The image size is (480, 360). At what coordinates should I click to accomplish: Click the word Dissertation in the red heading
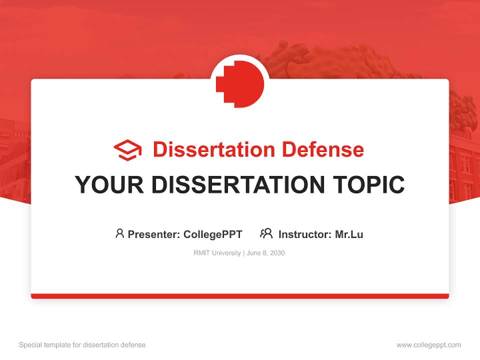click(x=213, y=149)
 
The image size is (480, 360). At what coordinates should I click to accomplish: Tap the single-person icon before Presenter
click(x=119, y=233)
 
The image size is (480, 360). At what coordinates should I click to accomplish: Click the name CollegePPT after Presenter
click(x=212, y=234)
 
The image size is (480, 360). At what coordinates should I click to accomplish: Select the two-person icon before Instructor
click(x=266, y=233)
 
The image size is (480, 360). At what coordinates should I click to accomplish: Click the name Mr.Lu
click(x=349, y=234)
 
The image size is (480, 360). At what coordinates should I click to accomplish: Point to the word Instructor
click(x=304, y=234)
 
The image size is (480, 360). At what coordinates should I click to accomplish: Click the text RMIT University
click(x=217, y=253)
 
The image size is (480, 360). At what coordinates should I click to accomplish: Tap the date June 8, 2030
click(x=265, y=253)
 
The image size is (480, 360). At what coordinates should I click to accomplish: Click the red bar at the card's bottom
click(x=240, y=296)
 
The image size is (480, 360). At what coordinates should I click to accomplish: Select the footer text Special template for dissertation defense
click(x=82, y=345)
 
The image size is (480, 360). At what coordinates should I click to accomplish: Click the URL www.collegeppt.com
click(x=428, y=345)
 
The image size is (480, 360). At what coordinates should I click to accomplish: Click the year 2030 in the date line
click(x=277, y=253)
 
